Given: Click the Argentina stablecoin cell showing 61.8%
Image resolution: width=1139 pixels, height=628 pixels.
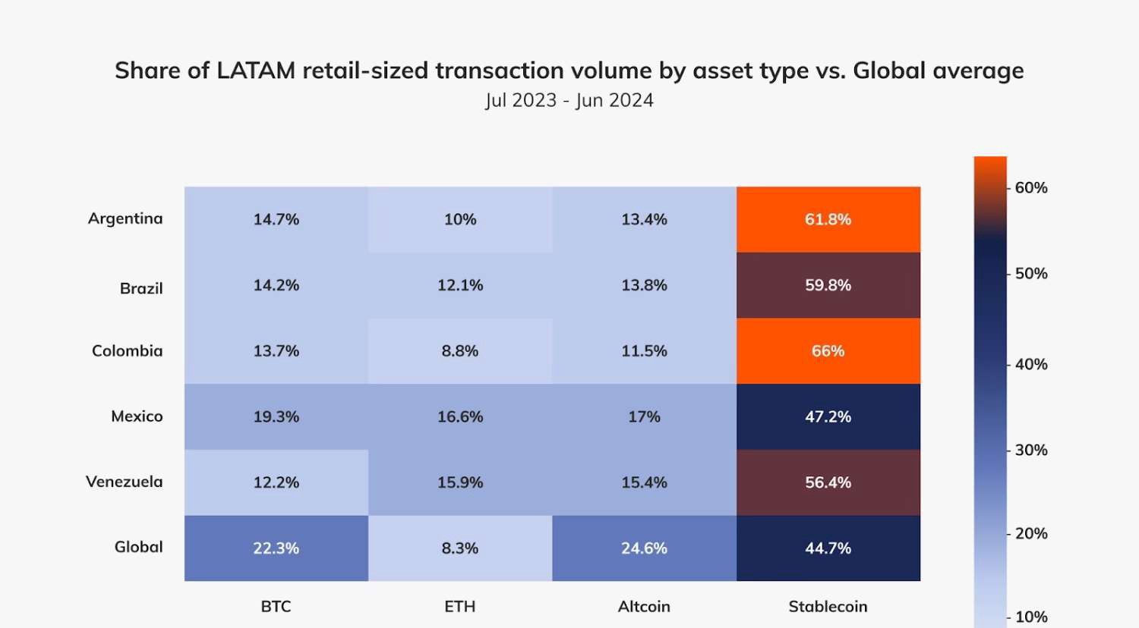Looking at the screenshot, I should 828,219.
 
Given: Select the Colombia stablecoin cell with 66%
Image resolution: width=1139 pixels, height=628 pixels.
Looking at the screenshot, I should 828,351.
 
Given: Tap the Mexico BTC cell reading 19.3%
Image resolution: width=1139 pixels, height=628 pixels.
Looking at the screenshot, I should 276,416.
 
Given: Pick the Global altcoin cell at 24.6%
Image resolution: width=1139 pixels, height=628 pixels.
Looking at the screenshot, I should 644,548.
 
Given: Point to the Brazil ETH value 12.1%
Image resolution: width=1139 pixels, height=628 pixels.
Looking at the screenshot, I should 460,285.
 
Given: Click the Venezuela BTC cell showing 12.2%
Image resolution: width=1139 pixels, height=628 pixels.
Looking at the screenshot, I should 276,482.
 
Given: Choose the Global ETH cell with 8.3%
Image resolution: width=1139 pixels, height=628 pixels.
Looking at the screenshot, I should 460,548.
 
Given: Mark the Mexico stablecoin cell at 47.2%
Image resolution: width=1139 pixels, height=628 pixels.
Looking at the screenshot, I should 828,416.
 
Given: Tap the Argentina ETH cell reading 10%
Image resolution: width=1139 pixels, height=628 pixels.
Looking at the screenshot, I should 460,219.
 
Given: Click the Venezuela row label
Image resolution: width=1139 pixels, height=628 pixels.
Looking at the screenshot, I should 125,482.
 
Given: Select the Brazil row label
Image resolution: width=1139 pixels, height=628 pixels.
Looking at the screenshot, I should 141,288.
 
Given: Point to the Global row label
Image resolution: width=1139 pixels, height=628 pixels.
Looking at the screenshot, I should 139,547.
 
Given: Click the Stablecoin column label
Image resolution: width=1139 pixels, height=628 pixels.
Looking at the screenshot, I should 828,607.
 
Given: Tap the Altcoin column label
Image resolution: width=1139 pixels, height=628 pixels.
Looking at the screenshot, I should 644,607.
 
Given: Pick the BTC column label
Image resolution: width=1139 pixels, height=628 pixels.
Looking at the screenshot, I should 276,607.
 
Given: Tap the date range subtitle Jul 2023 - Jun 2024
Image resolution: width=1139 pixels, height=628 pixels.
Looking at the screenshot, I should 569,100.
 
